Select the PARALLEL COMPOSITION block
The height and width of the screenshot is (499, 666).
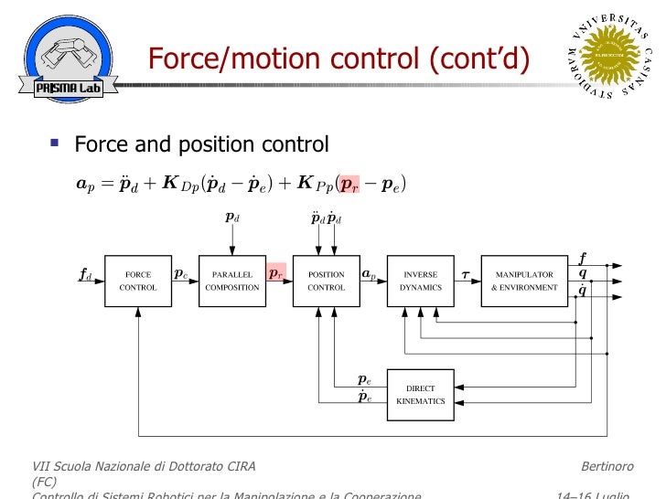pyautogui.click(x=231, y=281)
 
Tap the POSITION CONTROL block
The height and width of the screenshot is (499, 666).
pyautogui.click(x=326, y=281)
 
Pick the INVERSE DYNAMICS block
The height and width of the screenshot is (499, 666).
pyautogui.click(x=420, y=281)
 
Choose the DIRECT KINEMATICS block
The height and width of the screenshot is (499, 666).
pyautogui.click(x=420, y=395)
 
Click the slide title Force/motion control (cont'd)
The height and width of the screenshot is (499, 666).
pyautogui.click(x=338, y=60)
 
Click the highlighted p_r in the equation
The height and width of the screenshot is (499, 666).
pyautogui.click(x=349, y=185)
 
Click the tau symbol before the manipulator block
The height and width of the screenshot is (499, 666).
pyautogui.click(x=465, y=273)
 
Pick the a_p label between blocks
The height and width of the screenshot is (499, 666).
pyautogui.click(x=370, y=273)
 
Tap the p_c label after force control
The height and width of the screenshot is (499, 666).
pyautogui.click(x=181, y=273)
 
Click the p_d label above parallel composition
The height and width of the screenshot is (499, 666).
pyautogui.click(x=232, y=218)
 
